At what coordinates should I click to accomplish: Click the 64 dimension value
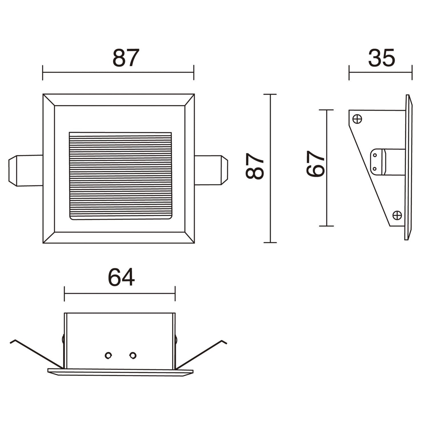coord(121,278)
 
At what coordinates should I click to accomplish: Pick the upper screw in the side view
coord(357,119)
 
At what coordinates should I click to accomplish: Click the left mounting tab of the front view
coord(26,171)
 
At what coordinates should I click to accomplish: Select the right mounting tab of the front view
coord(211,170)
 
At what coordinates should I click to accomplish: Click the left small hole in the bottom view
coord(108,355)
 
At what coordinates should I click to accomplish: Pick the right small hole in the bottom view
coord(133,355)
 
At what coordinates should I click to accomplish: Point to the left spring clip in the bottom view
coord(36,354)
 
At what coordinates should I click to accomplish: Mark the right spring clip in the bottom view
coord(201,354)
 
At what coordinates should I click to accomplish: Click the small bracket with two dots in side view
coord(378,162)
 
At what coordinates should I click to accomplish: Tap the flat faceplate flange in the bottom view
coord(120,372)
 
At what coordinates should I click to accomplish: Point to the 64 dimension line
coord(120,294)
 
